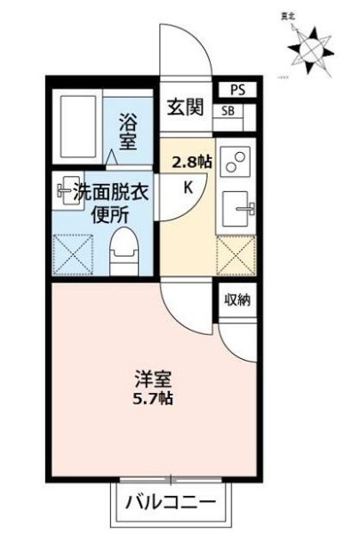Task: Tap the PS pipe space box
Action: [x=236, y=90]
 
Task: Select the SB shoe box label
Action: [x=228, y=111]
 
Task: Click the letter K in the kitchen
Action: [x=188, y=187]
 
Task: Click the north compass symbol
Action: [x=310, y=45]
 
